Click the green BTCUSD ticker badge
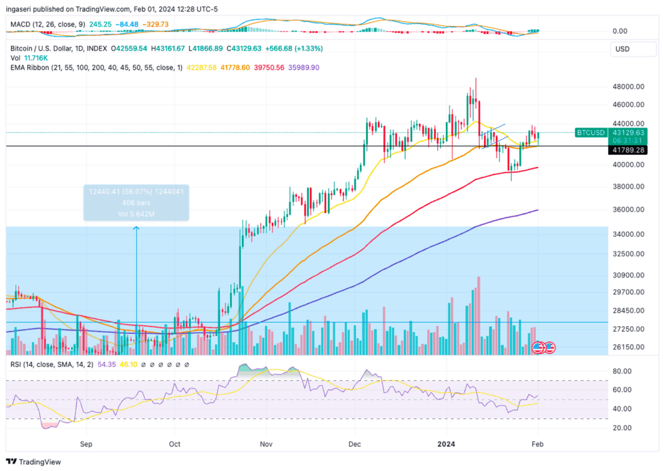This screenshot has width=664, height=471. point(590,133)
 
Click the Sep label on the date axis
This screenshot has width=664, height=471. point(85,443)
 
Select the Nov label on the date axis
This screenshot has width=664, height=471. point(266,443)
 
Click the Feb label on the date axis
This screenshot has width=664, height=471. point(536,443)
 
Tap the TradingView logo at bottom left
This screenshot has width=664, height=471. point(34,462)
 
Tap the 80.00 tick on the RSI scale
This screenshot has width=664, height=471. point(624,371)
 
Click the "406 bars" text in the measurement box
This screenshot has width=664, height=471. point(136,202)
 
